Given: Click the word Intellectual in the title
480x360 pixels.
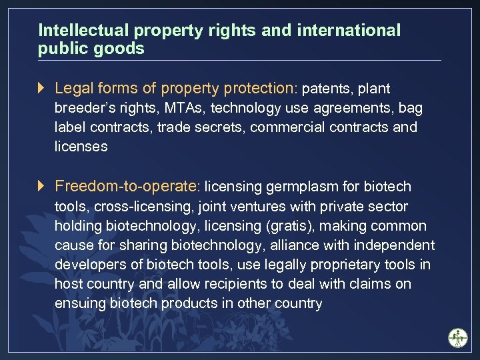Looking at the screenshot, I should pyautogui.click(x=85, y=31).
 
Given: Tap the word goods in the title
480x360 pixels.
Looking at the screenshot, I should pyautogui.click(x=125, y=49).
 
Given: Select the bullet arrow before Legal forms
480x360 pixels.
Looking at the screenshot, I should pyautogui.click(x=42, y=88).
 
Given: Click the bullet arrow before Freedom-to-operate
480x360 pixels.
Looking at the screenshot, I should pyautogui.click(x=42, y=185).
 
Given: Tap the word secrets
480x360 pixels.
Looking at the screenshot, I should pyautogui.click(x=221, y=127).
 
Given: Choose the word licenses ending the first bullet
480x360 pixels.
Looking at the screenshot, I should pyautogui.click(x=81, y=147).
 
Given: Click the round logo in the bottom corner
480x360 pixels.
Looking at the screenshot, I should pyautogui.click(x=458, y=338).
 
